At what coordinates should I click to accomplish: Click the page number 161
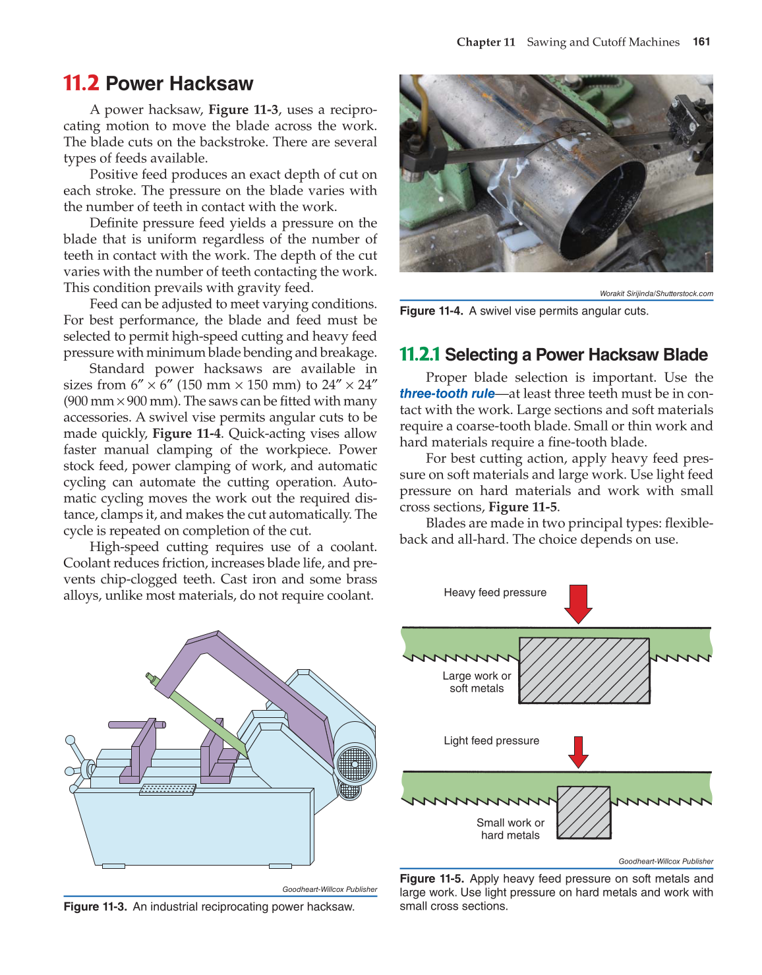(x=701, y=42)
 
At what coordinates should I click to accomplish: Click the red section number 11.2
(x=81, y=84)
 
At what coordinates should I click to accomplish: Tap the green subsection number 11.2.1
(x=419, y=355)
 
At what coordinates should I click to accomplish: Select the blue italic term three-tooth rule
(x=447, y=394)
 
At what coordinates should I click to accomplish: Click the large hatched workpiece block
(x=584, y=670)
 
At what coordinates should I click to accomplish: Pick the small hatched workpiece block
(x=583, y=812)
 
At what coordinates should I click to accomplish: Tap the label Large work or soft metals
(x=477, y=682)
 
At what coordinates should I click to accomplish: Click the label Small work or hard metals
(x=510, y=829)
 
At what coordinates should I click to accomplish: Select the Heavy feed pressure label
(x=495, y=593)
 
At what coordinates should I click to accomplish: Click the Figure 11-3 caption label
(x=95, y=906)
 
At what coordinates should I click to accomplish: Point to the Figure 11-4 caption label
(x=431, y=311)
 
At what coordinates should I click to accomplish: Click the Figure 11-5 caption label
(x=431, y=879)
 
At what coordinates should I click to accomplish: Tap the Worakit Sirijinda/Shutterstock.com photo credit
(x=656, y=293)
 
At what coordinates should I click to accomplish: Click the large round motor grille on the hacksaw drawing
(x=355, y=765)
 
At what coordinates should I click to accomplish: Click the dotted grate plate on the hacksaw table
(x=168, y=789)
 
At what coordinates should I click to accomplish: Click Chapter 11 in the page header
(x=486, y=42)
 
